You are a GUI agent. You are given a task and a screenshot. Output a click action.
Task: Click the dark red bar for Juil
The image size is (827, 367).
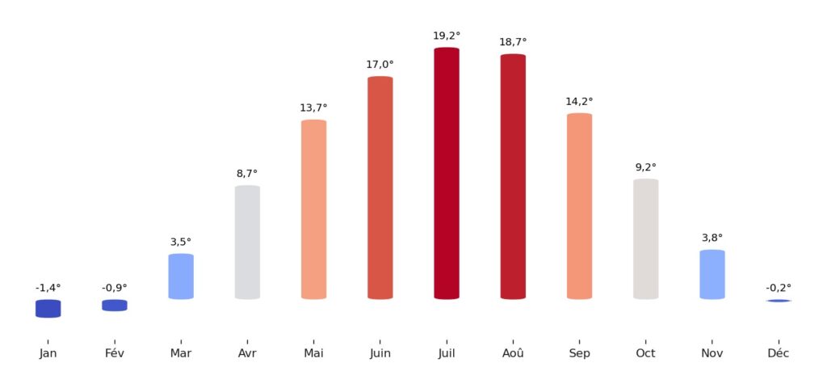447,173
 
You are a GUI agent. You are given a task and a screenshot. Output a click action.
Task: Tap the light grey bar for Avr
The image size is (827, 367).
247,242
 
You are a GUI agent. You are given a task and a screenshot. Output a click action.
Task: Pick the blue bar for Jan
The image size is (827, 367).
48,308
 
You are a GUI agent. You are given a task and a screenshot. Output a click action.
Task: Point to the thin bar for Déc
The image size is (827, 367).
779,301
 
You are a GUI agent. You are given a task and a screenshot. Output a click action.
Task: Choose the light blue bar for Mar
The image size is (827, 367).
181,276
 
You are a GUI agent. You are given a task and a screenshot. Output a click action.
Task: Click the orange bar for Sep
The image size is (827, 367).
579,206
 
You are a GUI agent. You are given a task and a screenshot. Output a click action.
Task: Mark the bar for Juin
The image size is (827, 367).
380,188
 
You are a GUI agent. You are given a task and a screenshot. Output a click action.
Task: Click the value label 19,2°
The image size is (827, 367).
447,36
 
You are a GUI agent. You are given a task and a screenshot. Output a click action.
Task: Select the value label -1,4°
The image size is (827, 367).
48,288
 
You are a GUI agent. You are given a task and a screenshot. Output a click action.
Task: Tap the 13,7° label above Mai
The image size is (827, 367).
313,108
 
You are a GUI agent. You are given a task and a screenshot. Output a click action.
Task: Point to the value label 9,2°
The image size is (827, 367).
645,167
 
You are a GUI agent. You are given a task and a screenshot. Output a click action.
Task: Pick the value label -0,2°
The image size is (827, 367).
779,288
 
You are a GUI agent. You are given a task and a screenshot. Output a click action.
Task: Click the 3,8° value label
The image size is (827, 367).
712,238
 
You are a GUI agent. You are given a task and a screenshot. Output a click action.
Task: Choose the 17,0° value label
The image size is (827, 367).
380,65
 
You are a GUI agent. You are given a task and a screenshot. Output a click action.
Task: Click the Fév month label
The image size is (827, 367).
114,353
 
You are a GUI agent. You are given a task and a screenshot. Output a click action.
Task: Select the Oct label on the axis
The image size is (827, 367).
645,353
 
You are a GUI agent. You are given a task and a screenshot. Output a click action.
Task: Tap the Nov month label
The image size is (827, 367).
712,353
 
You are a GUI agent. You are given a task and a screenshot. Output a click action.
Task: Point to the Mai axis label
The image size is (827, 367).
313,353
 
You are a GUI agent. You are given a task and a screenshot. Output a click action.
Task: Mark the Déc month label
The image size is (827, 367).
779,353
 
